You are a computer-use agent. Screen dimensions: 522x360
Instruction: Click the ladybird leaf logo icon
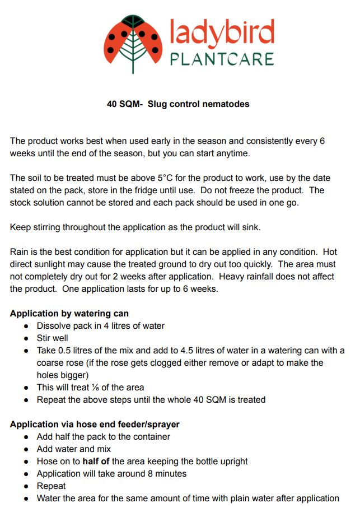(133, 44)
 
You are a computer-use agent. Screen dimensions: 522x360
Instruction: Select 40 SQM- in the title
(125, 104)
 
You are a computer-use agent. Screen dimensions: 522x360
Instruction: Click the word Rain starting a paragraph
(20, 252)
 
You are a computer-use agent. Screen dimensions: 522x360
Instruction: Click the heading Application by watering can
(69, 314)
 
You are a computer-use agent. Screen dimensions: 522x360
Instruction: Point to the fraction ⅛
(90, 388)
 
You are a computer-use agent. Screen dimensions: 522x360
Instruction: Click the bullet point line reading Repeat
(51, 486)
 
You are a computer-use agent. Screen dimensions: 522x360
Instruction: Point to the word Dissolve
(55, 326)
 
